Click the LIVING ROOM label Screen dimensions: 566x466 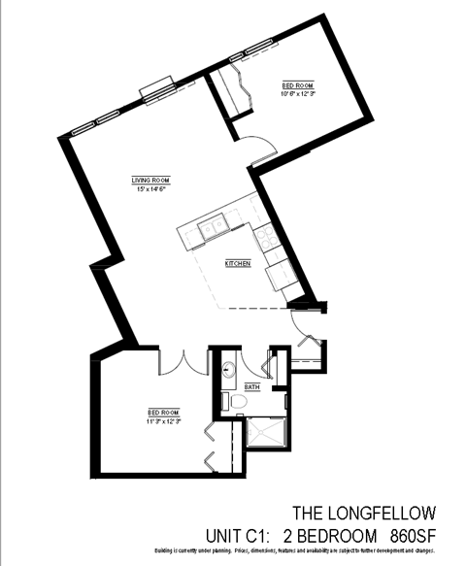[x=151, y=180]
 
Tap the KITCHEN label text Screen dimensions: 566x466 [x=238, y=263]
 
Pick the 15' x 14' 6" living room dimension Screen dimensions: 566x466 [x=151, y=188]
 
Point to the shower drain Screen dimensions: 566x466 [x=262, y=433]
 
